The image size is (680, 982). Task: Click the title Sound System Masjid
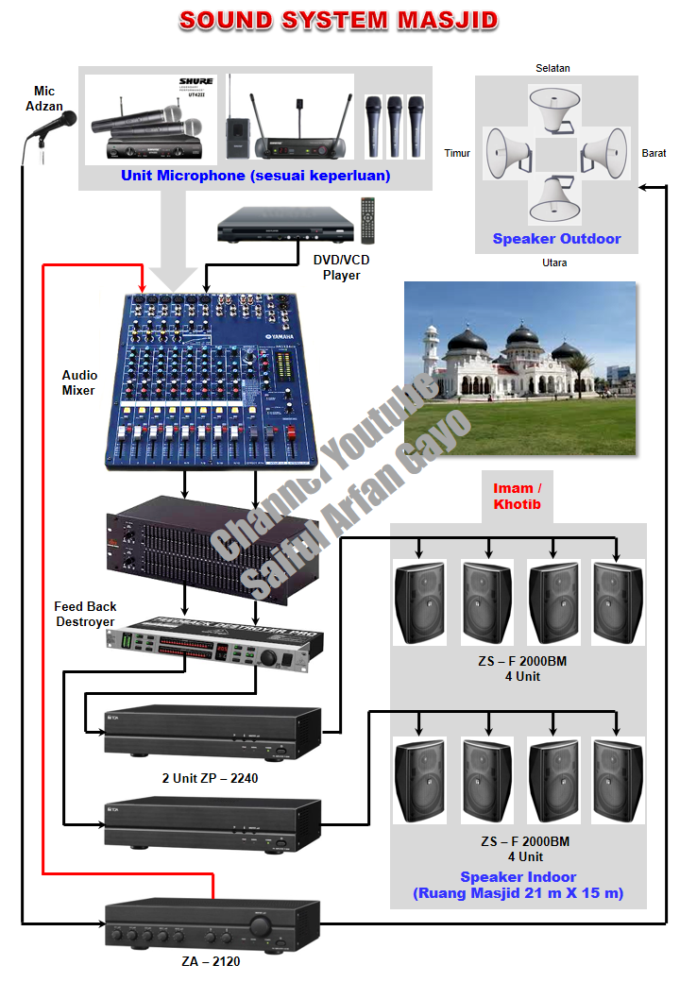pos(339,21)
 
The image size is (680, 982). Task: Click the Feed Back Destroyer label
pos(85,614)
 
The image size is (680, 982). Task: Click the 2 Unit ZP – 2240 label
pos(210,778)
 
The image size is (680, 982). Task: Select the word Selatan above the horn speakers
pos(552,68)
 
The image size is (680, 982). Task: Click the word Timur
pos(457,153)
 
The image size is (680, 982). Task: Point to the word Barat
pos(654,153)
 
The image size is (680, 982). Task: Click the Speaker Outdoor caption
pos(556,239)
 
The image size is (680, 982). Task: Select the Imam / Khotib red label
pos(518,496)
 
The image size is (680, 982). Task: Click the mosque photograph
pos(519,367)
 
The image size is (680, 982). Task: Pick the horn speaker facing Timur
pos(508,151)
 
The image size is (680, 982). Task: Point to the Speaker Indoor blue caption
pos(518,885)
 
